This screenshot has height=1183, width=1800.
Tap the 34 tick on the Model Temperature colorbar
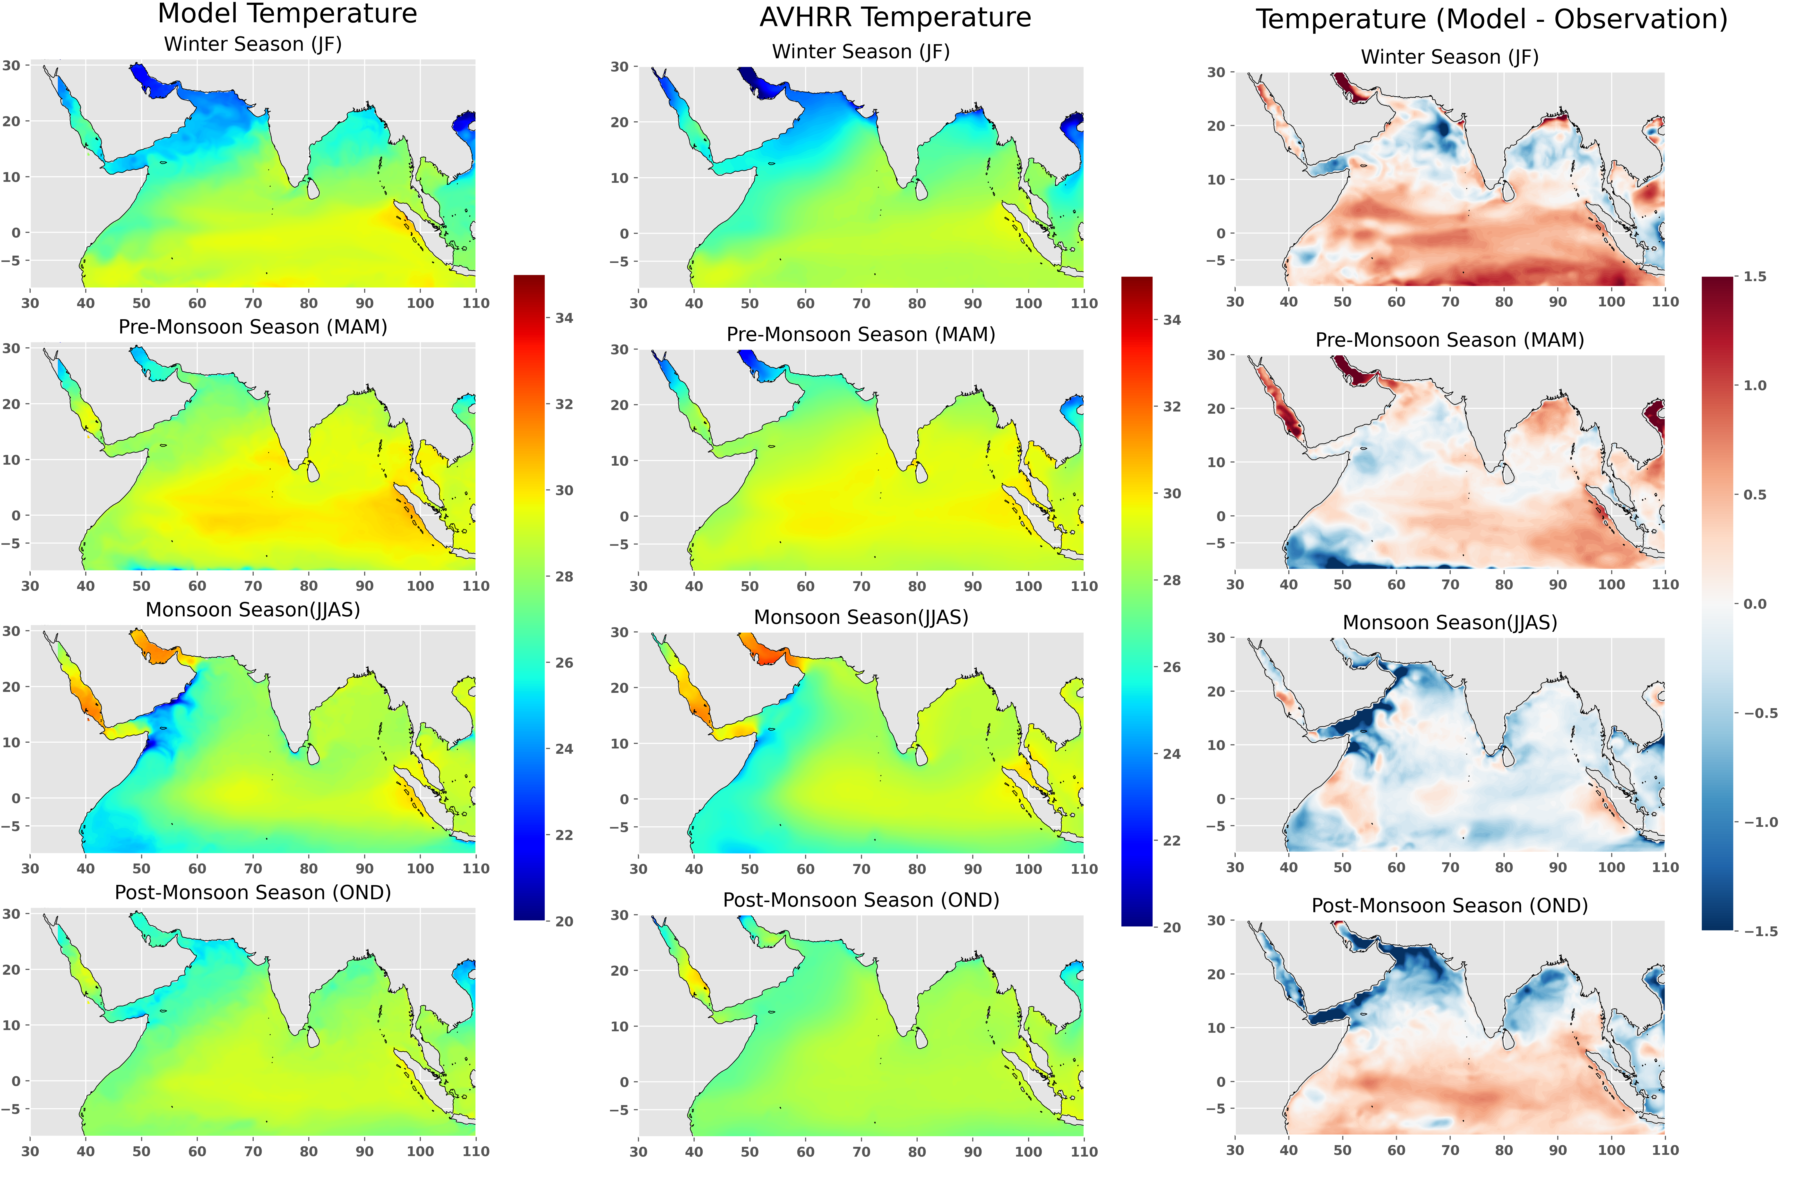(564, 318)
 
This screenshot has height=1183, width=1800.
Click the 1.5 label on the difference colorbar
(1755, 277)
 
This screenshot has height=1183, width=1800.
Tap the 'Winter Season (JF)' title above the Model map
(253, 45)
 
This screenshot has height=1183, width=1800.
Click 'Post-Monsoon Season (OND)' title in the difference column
(1449, 906)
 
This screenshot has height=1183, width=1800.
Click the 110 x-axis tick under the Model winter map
(476, 303)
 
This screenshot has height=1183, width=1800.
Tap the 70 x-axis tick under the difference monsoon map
(1450, 867)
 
